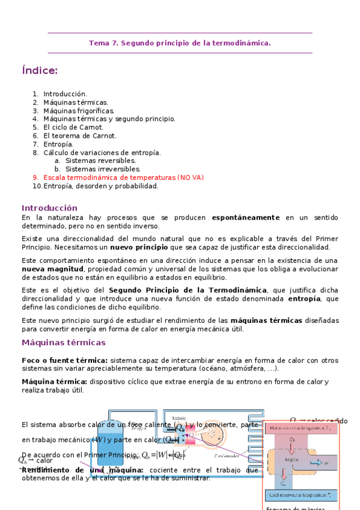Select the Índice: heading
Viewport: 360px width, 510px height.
[x=40, y=71]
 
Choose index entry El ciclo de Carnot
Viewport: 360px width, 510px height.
[x=73, y=127]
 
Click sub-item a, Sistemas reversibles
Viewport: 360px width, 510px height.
[x=100, y=161]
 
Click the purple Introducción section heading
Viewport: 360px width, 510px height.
[x=49, y=207]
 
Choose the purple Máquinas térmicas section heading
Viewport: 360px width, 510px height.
[x=64, y=343]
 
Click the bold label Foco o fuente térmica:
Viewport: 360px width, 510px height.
[x=64, y=360]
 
